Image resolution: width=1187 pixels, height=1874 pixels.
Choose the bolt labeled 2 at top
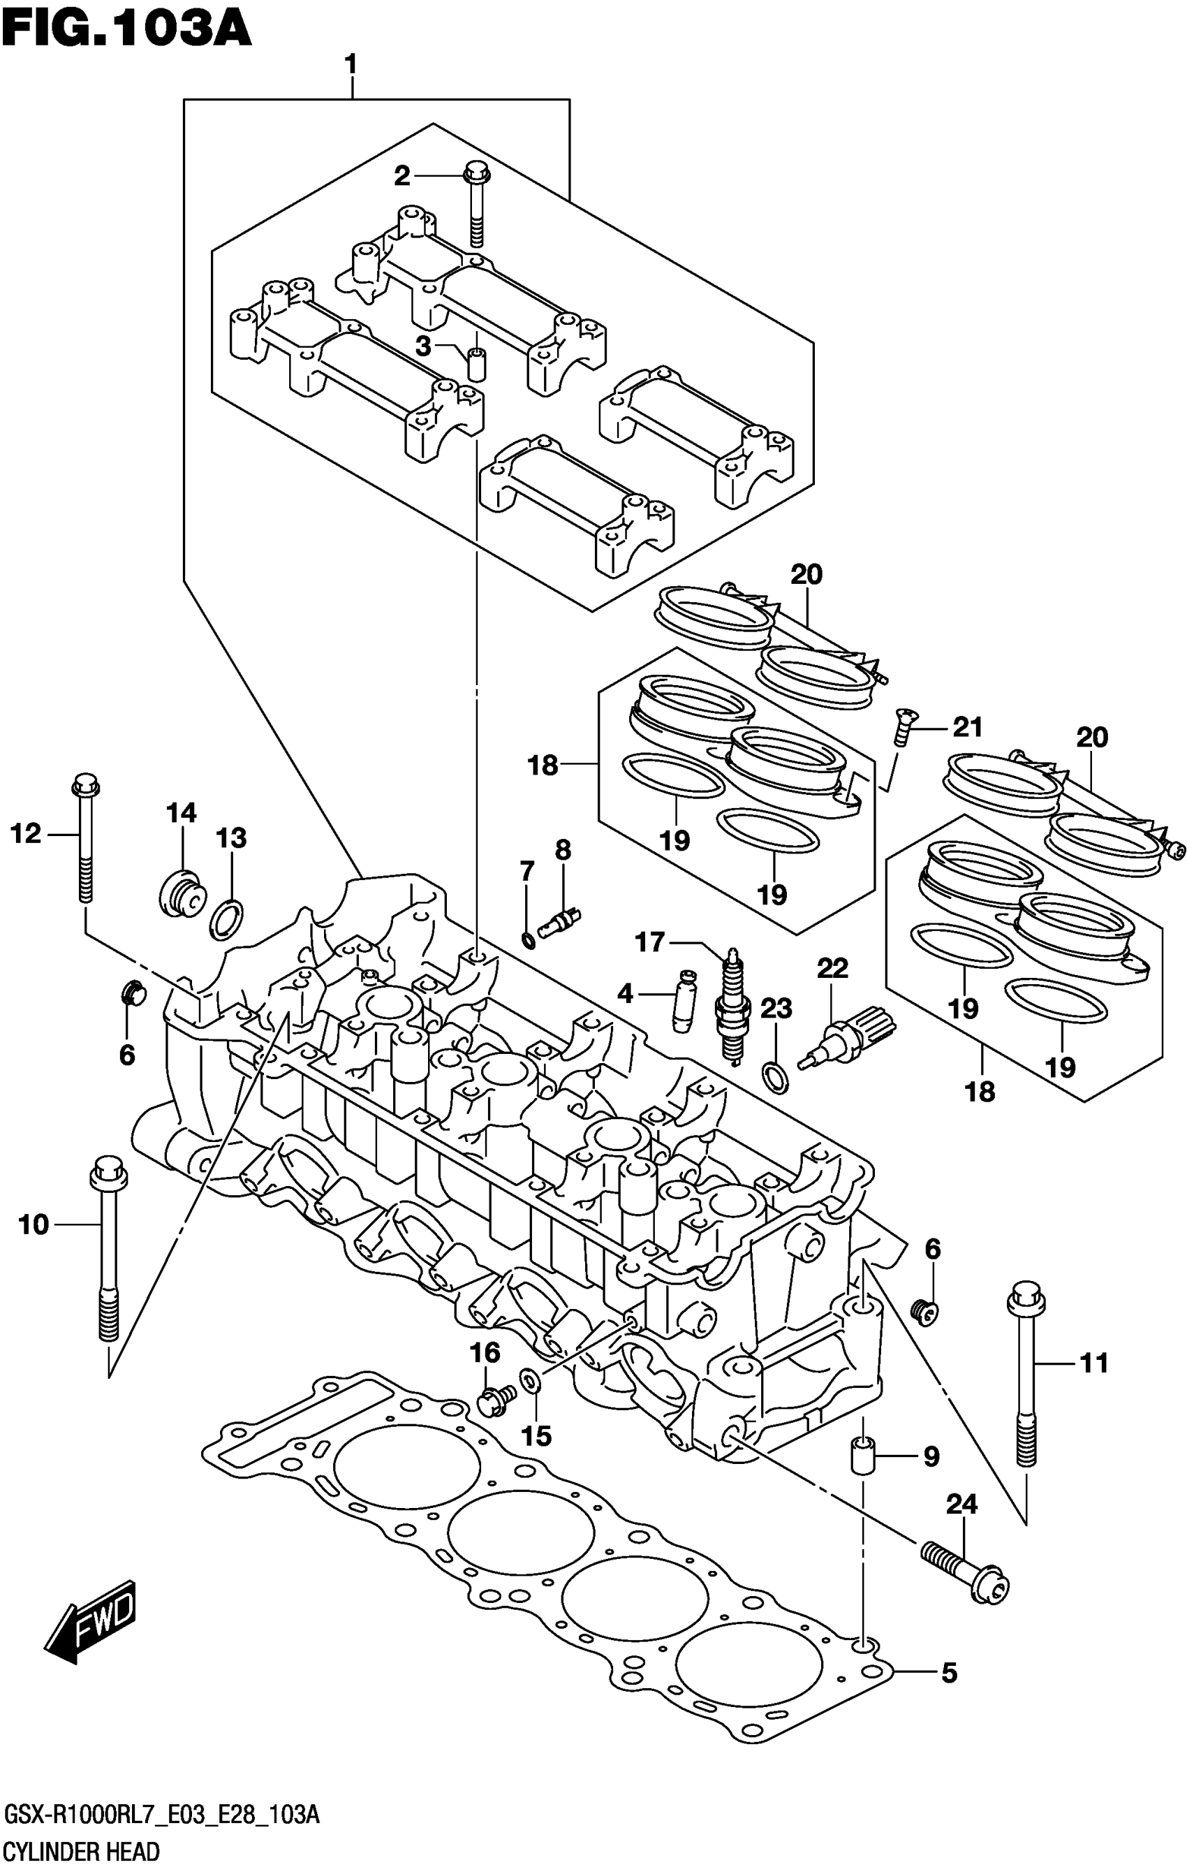[476, 203]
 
